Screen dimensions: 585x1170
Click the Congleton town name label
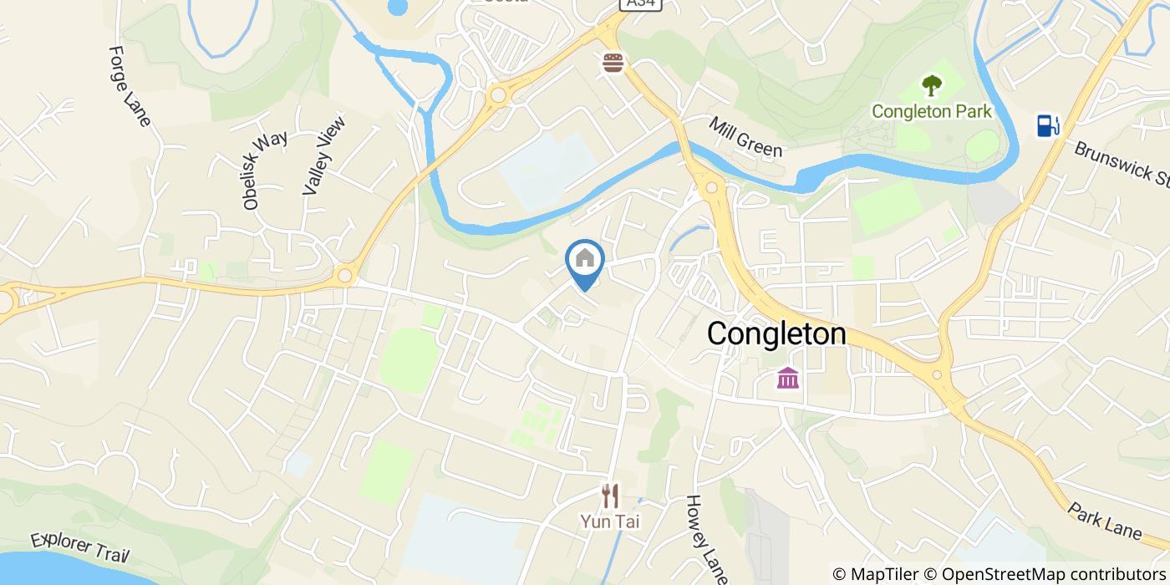pyautogui.click(x=776, y=334)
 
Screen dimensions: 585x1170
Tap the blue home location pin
pyautogui.click(x=585, y=262)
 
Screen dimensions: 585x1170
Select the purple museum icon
pyautogui.click(x=787, y=378)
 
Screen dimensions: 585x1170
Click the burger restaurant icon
pyautogui.click(x=613, y=64)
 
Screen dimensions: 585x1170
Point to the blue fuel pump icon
pyautogui.click(x=1047, y=125)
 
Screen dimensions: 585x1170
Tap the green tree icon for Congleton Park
pyautogui.click(x=931, y=85)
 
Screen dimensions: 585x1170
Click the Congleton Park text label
pyautogui.click(x=931, y=111)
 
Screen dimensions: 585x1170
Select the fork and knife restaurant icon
pyautogui.click(x=611, y=496)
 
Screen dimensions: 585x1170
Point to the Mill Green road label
pyautogui.click(x=745, y=137)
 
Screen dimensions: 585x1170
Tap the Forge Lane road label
pyautogui.click(x=129, y=86)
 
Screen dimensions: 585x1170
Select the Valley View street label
pyautogui.click(x=323, y=155)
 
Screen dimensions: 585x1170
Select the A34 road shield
pyautogui.click(x=640, y=4)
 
